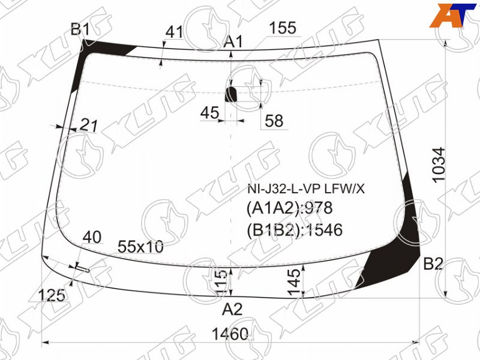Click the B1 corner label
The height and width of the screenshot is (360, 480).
point(80,29)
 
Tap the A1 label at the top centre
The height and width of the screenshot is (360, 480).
point(233,41)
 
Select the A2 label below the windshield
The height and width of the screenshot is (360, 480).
point(232,309)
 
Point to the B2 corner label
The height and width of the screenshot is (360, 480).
point(433,263)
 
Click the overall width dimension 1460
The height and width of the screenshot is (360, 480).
point(230,334)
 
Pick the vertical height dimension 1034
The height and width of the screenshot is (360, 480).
point(439,164)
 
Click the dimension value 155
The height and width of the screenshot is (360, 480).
point(283,28)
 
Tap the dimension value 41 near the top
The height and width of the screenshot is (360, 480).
point(174,32)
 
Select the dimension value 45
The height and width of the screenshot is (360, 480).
point(209,113)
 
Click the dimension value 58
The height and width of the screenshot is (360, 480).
point(274,121)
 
